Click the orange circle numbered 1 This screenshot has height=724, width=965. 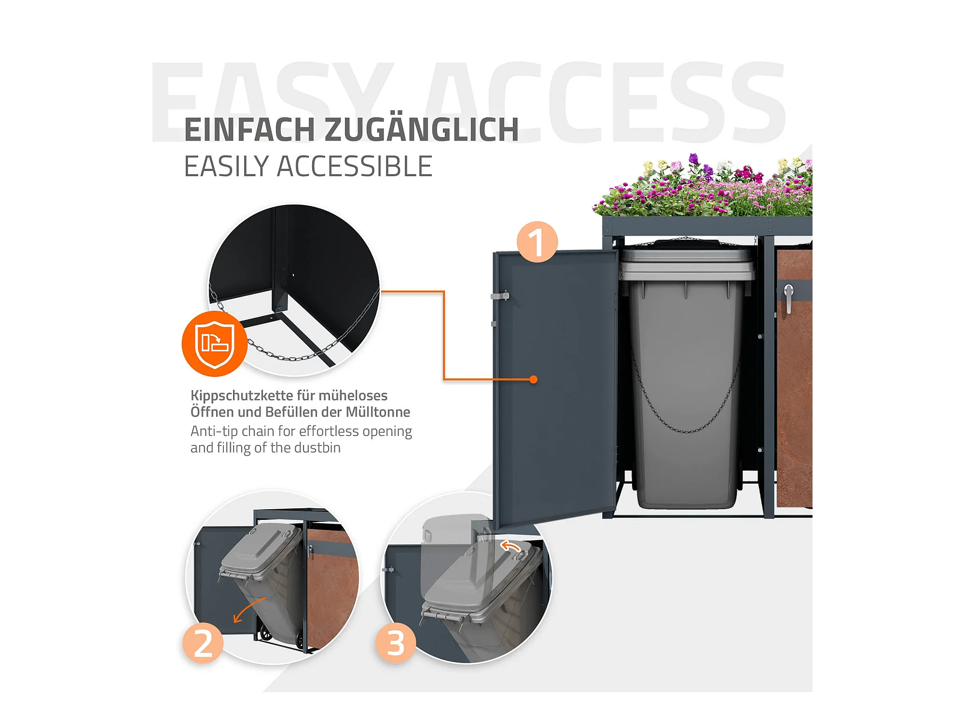pos(537,242)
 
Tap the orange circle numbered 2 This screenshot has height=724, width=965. pos(203,643)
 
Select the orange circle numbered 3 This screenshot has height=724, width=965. pos(396,643)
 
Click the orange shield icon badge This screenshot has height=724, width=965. pos(215,344)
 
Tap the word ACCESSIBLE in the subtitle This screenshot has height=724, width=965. pos(355,167)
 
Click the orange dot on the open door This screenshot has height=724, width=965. pos(533,379)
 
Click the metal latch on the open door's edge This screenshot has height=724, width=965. pos(500,295)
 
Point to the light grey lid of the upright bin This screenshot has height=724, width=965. pos(686,265)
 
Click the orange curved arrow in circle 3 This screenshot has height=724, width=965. pos(511,546)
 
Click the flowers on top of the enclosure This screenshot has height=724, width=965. pos(703,185)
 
